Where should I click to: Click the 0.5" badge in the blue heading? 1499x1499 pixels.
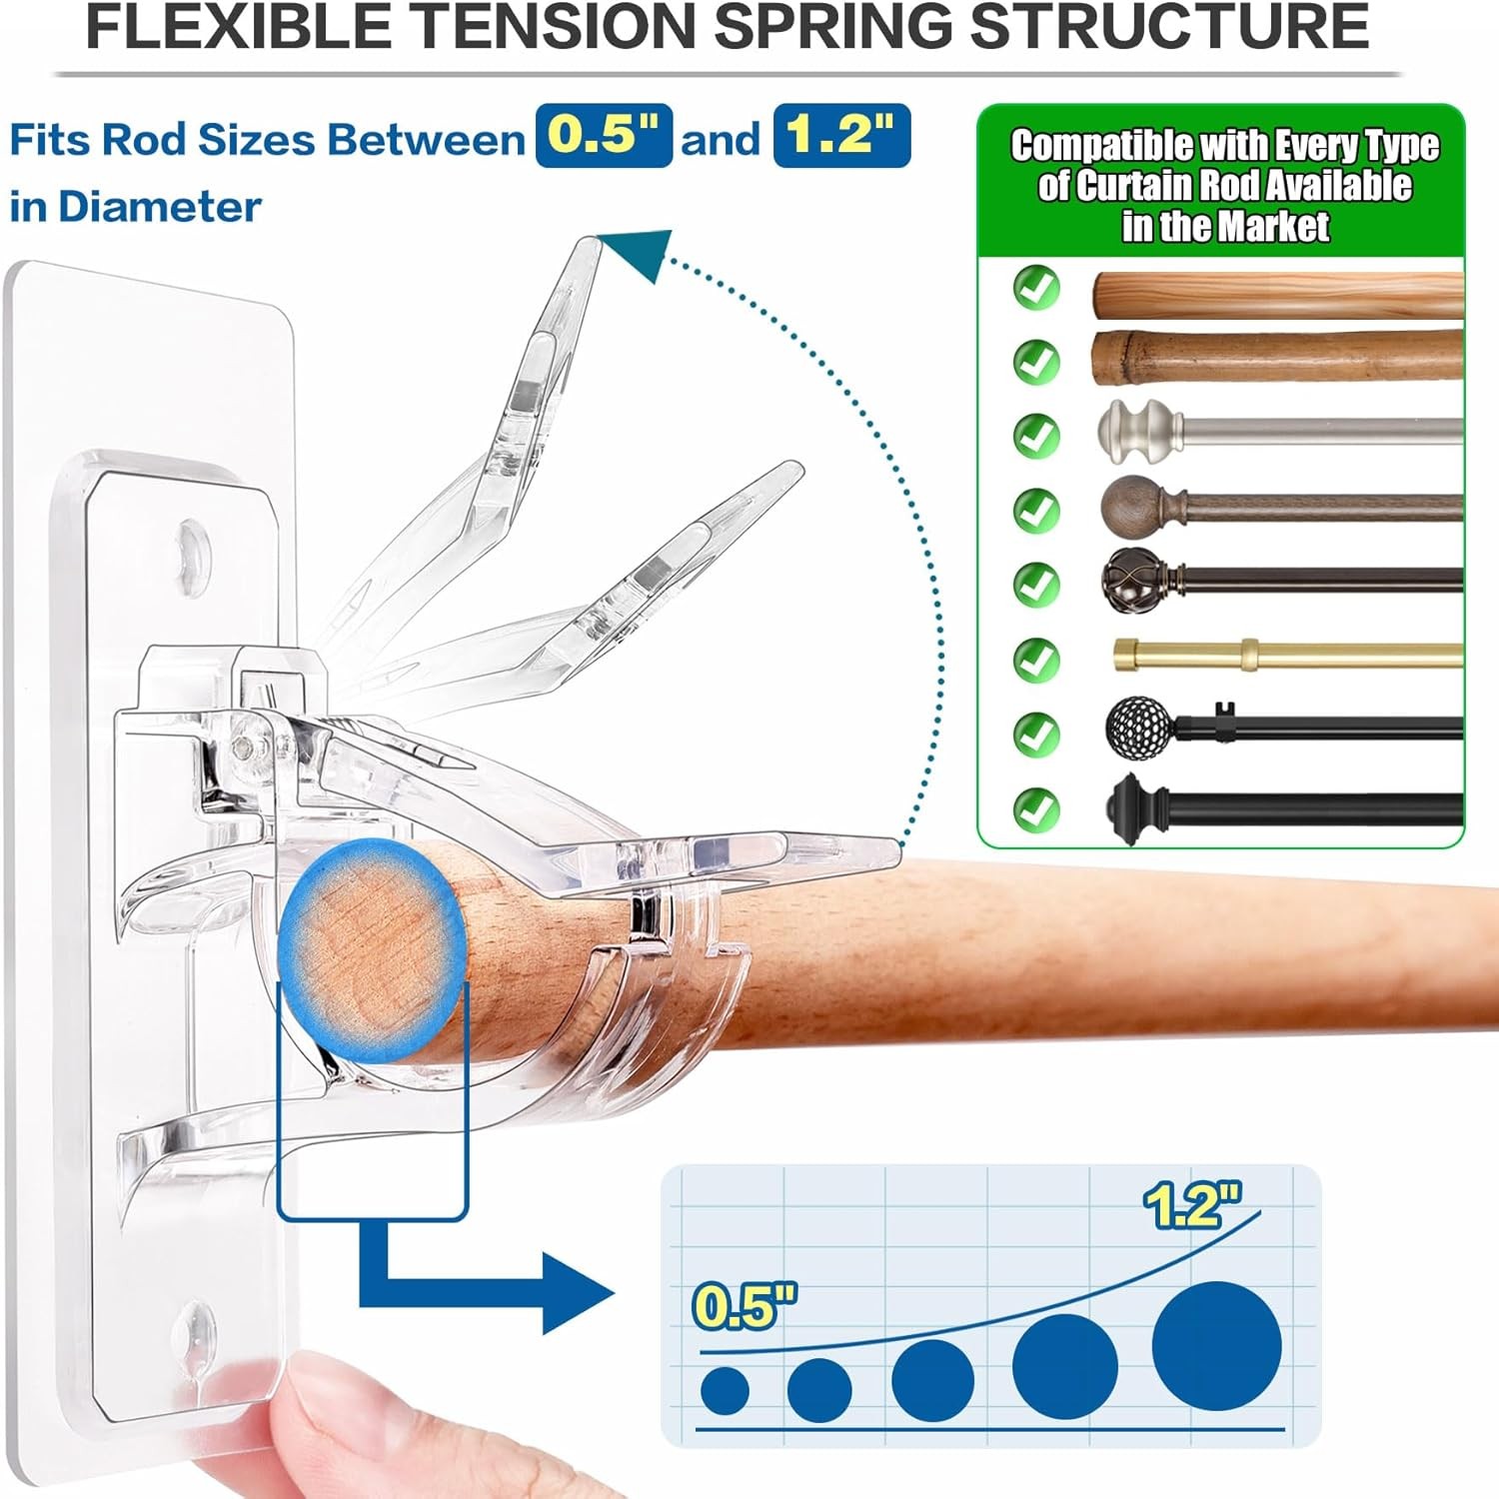click(604, 136)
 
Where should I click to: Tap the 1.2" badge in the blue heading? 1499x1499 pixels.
click(841, 136)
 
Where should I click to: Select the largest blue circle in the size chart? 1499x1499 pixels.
click(1216, 1345)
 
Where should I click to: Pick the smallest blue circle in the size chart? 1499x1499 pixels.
click(725, 1390)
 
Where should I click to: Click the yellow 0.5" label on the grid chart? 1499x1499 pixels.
click(745, 1306)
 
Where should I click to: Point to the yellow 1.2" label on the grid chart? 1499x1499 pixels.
click(1192, 1204)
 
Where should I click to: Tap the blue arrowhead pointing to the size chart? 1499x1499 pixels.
click(578, 1293)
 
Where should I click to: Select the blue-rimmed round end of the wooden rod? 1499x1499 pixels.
click(372, 949)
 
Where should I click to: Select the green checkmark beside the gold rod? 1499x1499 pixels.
click(1036, 659)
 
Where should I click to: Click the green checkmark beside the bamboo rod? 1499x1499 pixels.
click(1036, 361)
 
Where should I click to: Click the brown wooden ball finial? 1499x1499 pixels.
click(1128, 507)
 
